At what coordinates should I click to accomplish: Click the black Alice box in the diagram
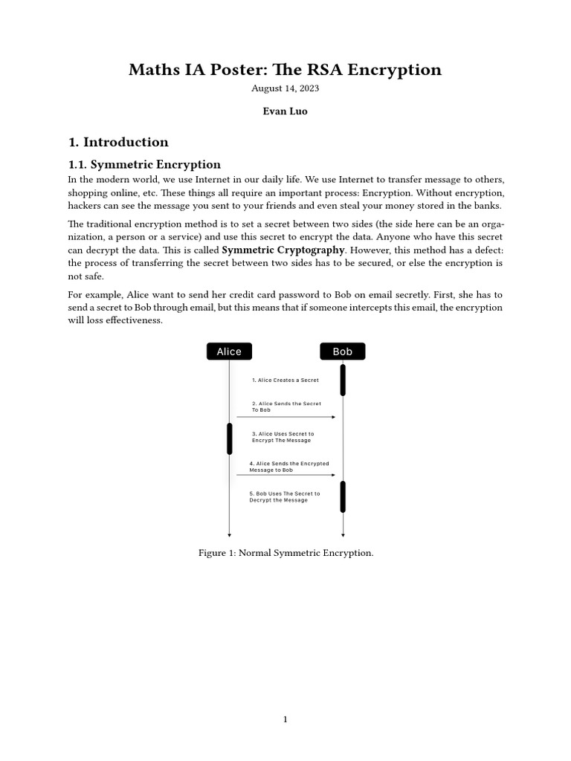tap(229, 352)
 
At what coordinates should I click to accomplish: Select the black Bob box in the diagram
tap(343, 352)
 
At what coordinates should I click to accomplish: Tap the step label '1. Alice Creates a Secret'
tap(285, 380)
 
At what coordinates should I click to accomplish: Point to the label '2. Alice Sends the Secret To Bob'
tap(286, 407)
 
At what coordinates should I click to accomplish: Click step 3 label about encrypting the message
tap(283, 437)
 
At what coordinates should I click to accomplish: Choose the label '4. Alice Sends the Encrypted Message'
tap(288, 467)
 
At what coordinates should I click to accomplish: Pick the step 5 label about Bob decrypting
tap(284, 496)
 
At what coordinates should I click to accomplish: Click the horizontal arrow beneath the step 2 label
tap(286, 417)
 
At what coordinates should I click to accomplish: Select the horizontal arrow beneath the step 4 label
tap(286, 475)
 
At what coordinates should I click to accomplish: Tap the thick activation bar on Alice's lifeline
tap(230, 438)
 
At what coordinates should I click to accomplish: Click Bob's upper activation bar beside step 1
tap(343, 380)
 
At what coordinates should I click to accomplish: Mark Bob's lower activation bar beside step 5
tap(343, 496)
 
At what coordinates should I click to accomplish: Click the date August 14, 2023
tap(285, 88)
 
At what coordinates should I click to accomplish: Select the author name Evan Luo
tap(285, 111)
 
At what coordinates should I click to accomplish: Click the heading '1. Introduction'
tap(118, 142)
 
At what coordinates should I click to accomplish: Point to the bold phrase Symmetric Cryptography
tap(283, 250)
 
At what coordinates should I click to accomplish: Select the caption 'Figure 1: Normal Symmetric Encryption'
tap(285, 553)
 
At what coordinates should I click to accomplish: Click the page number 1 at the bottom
tap(285, 719)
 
